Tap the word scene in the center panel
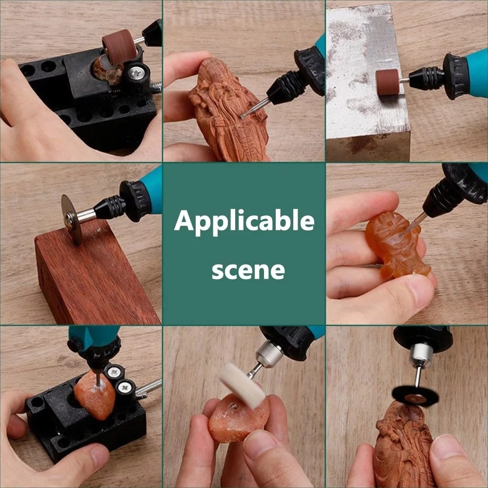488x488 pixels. [x=248, y=270]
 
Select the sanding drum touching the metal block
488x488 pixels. [x=387, y=82]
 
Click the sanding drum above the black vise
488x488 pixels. [x=119, y=47]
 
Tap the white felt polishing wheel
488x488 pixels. [x=242, y=386]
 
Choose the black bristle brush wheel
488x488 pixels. [x=415, y=396]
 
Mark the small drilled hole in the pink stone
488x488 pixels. [x=234, y=406]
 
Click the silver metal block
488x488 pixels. [x=367, y=83]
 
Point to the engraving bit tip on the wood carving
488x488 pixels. [x=242, y=116]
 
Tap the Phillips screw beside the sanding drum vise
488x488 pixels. [x=136, y=74]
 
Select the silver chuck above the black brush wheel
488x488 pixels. [x=421, y=354]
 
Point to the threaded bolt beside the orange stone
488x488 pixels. [x=148, y=388]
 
